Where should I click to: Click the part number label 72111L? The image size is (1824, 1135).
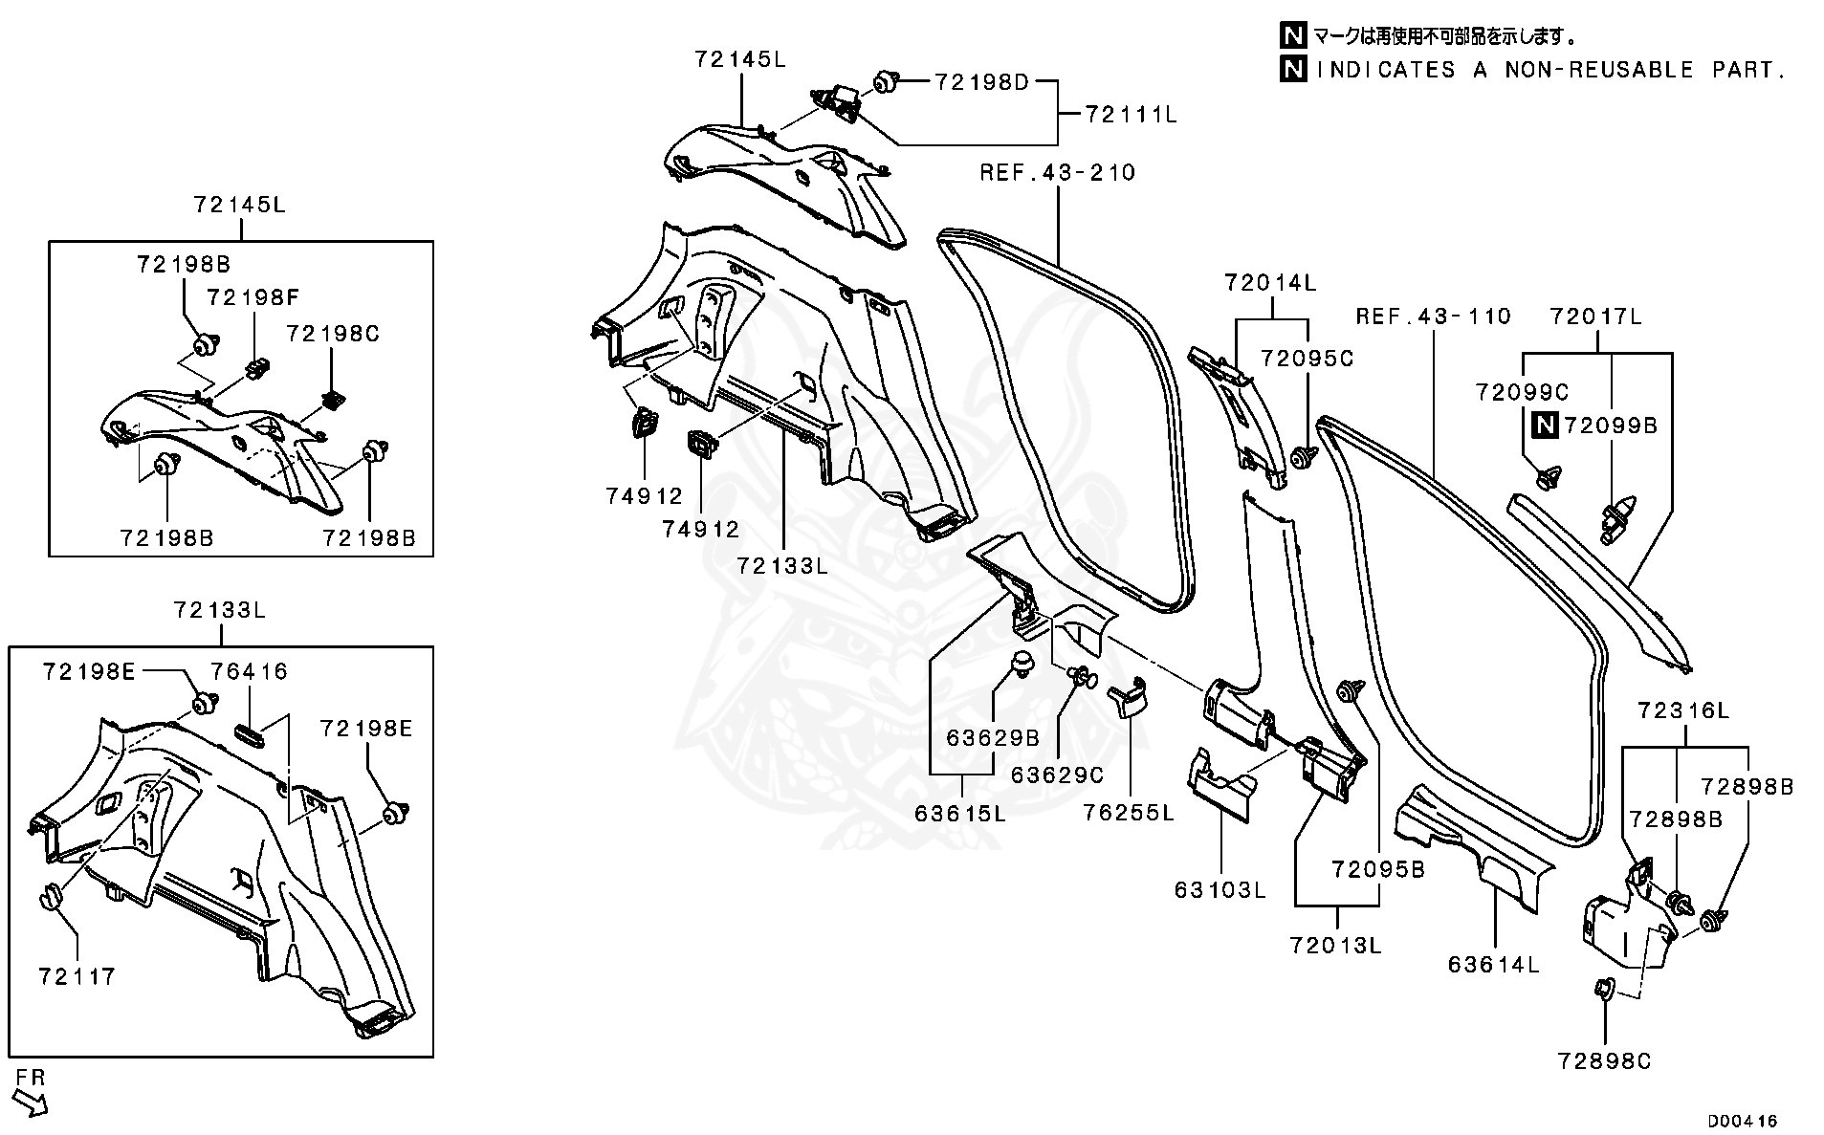click(1131, 115)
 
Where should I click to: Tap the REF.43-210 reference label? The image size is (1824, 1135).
click(1057, 173)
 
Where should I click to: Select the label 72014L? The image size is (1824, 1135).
click(1270, 283)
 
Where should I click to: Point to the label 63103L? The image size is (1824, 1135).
click(1220, 890)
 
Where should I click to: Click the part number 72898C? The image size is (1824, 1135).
click(1604, 1061)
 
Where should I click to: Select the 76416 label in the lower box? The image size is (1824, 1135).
click(249, 672)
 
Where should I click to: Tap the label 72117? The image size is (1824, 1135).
click(77, 976)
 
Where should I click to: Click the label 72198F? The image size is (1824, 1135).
click(253, 298)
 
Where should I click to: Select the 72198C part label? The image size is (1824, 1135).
click(333, 334)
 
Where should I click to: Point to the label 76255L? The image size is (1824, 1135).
click(1129, 814)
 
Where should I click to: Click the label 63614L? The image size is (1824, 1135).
click(1493, 966)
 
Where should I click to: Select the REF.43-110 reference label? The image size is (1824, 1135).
click(1433, 316)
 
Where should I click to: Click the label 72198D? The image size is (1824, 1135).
click(981, 82)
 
